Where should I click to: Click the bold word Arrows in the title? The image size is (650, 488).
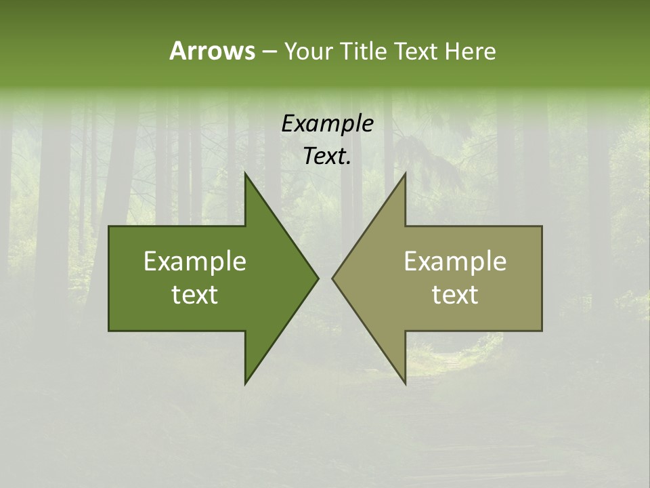(x=212, y=51)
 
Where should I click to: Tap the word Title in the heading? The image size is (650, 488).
(x=363, y=51)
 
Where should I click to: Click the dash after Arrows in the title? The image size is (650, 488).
(x=269, y=52)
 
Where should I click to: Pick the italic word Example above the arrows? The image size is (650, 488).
(x=327, y=123)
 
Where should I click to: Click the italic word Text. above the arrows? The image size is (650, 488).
(x=327, y=157)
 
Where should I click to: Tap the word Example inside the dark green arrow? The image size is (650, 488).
(x=195, y=261)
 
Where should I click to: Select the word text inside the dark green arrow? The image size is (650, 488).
(x=195, y=294)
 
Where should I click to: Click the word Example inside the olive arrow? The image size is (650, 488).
(x=455, y=261)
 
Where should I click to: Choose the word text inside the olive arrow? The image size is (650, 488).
(x=455, y=294)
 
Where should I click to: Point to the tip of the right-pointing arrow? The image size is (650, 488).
(x=318, y=278)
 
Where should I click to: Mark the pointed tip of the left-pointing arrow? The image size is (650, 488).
(x=332, y=278)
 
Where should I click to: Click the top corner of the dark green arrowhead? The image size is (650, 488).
(x=245, y=173)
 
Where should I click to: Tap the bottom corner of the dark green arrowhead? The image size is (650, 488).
(x=245, y=384)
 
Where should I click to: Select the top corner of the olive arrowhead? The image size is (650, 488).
(x=405, y=173)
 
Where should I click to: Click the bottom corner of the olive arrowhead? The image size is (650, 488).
(x=405, y=384)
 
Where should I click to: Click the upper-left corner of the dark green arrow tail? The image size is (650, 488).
(x=109, y=226)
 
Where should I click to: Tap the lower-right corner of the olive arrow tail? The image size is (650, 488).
(x=542, y=330)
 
